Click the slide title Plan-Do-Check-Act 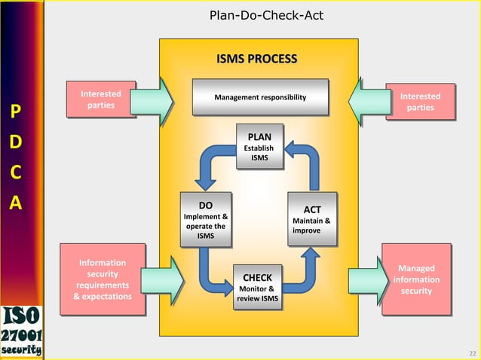point(256,15)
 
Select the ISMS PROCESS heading point(256,59)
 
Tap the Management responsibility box point(260,97)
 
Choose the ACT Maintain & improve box point(311,219)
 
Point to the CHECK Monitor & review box point(259,287)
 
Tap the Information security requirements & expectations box point(102,279)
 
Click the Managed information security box point(416,279)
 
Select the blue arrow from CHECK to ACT point(305,271)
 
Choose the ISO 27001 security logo point(21,329)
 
